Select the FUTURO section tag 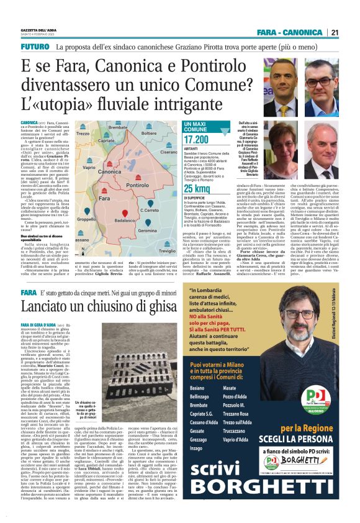35,47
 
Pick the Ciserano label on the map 168,152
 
